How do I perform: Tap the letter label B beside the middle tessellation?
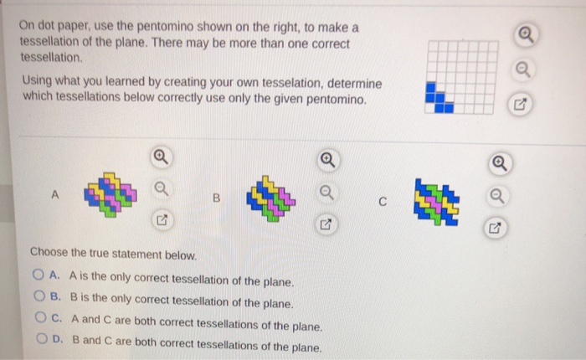pos(215,199)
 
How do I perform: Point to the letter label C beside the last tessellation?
pos(382,202)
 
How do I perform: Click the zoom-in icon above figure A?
pos(159,157)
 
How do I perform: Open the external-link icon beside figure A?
pos(159,221)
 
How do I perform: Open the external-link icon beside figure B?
pos(323,224)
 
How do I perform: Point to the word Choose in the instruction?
pos(49,253)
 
